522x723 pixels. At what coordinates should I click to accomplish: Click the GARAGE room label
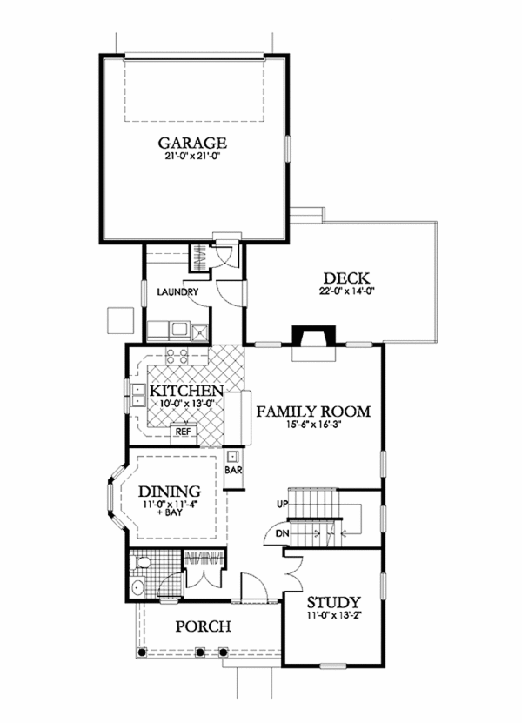click(192, 143)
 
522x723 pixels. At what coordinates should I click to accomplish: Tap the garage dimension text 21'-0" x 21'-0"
click(192, 158)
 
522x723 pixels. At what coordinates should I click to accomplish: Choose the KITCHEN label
click(186, 391)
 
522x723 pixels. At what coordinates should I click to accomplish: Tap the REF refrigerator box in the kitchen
click(183, 431)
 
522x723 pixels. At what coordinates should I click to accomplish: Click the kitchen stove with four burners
click(177, 355)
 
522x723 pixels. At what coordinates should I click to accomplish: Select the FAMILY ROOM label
click(313, 412)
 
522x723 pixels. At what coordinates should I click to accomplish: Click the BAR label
click(233, 470)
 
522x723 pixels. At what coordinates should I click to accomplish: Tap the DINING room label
click(171, 491)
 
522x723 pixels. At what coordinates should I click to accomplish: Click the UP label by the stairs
click(281, 505)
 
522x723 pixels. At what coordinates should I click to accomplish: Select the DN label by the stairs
click(281, 533)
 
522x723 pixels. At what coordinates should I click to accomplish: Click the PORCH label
click(202, 626)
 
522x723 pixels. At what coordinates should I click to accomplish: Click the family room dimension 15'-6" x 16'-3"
click(313, 426)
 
